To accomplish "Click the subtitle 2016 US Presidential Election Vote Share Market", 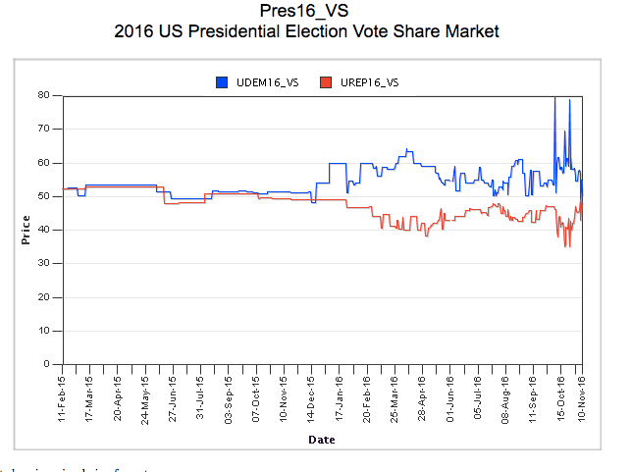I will [x=306, y=31].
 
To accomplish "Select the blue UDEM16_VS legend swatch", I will [x=223, y=82].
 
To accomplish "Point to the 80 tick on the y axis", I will [x=44, y=95].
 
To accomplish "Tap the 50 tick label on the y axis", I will [x=44, y=196].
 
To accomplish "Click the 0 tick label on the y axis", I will [x=47, y=364].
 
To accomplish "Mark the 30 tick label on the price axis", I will [x=44, y=263].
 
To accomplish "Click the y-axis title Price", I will [x=26, y=230].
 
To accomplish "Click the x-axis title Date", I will [x=322, y=440].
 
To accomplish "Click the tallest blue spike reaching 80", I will [x=555, y=98].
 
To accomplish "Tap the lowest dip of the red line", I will [x=565, y=245].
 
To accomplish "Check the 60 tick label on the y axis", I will [x=44, y=162].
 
